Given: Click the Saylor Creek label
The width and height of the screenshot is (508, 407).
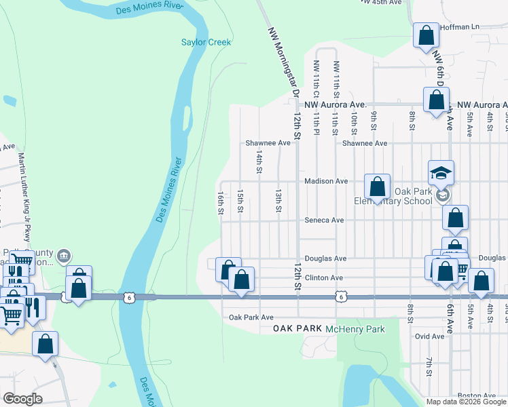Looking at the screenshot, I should point(206,42).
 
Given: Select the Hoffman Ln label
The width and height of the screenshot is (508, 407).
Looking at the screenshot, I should point(460,26).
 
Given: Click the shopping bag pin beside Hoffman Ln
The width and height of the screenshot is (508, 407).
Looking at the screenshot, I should point(427,35).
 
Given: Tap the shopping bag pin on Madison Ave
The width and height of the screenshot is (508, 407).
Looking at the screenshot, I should point(377,185).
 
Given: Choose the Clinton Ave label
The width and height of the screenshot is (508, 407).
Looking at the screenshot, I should point(324,278).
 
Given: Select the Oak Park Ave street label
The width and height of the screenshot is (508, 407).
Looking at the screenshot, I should point(251,317).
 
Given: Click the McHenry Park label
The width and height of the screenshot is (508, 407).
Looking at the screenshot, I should point(355,329).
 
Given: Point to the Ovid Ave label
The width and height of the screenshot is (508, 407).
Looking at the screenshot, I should point(429,336).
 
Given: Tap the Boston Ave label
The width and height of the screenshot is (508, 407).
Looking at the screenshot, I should point(477,395).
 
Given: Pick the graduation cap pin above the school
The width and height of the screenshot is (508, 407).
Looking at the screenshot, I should point(441,172).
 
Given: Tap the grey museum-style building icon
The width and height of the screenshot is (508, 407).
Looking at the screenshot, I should point(63,256).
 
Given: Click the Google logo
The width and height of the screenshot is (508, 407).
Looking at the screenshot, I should point(22,399).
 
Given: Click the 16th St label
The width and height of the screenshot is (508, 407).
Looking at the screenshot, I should point(221,203).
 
